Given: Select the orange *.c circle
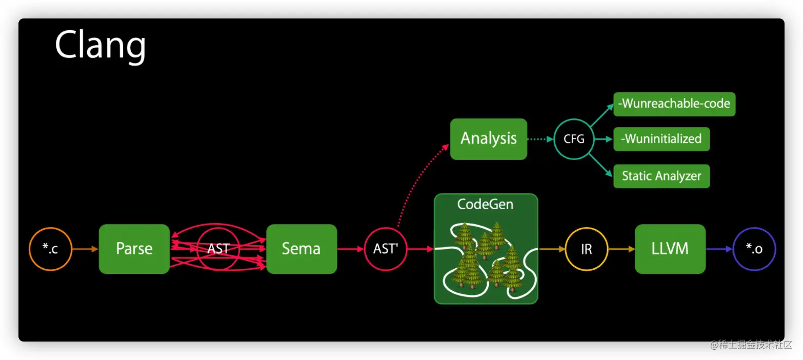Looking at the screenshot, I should pos(50,249).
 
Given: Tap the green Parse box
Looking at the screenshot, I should pos(134,249).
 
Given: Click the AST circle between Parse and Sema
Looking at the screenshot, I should pos(218,249).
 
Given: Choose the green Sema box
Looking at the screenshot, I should pos(302,249).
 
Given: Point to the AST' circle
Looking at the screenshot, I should pos(386,249).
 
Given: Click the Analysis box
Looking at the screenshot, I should pos(488,138).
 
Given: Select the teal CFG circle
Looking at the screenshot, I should pos(574,139).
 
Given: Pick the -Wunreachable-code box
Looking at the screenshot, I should pos(674,104).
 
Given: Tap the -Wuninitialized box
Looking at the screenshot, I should pos(661,139).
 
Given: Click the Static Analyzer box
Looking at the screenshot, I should pos(661,176).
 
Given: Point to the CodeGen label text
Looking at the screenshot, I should pos(485,205).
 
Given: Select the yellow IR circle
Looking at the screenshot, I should pos(587,249).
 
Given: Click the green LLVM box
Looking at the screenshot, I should pos(670,249).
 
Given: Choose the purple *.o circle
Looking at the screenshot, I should pos(754,249).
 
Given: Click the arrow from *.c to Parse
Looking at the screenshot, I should pos(85,249).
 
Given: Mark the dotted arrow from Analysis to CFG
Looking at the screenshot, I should pos(540,139).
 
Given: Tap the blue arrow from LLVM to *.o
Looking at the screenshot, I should pos(719,249).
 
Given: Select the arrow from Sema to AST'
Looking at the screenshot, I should pos(350,249).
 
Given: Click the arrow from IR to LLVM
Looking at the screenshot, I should pos(621,249).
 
